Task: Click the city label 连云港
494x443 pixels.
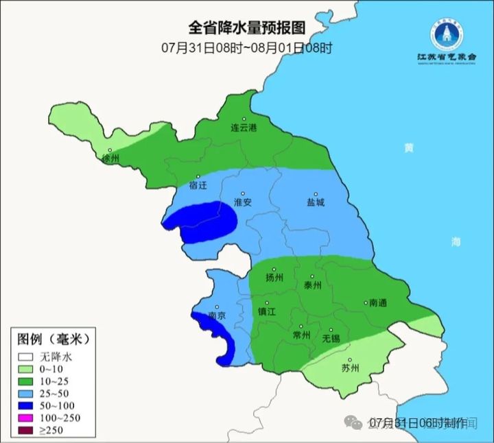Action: tap(243, 128)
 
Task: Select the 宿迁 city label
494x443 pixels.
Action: tap(198, 185)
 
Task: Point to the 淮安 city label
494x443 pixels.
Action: tap(244, 202)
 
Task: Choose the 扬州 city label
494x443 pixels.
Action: tap(274, 278)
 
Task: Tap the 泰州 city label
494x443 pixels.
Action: tap(312, 285)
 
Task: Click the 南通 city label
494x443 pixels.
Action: tap(378, 302)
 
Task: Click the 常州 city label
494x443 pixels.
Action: tap(301, 335)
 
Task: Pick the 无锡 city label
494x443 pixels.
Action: tap(331, 338)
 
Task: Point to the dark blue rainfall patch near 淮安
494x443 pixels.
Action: tap(206, 221)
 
